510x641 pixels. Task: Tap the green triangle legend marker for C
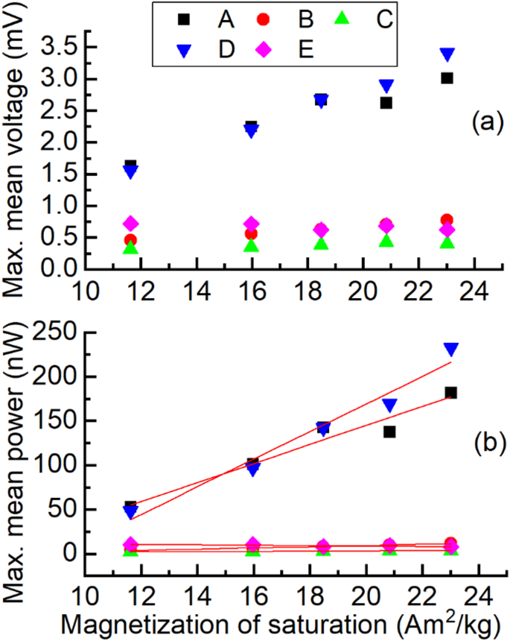click(350, 19)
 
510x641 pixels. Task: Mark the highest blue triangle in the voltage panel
click(447, 54)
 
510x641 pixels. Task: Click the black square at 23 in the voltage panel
click(447, 78)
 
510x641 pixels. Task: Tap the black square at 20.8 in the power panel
click(389, 432)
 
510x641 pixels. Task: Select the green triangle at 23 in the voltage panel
click(447, 242)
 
